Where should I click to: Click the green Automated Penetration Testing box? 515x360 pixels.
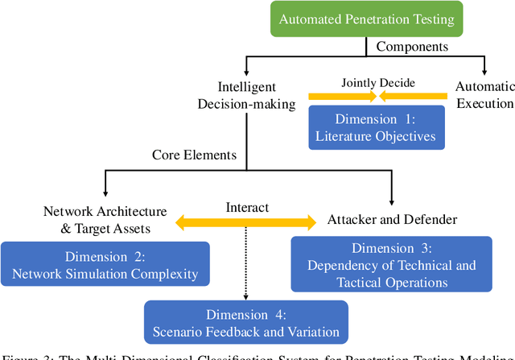366,19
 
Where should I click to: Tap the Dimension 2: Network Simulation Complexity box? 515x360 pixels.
105,263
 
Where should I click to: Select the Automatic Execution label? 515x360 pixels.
484,94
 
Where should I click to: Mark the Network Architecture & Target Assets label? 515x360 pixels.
105,218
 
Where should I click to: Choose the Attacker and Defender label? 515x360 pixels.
392,219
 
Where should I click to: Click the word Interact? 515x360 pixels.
248,207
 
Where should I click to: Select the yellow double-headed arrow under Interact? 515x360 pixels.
248,221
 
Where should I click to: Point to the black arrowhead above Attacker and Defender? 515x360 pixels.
391,201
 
